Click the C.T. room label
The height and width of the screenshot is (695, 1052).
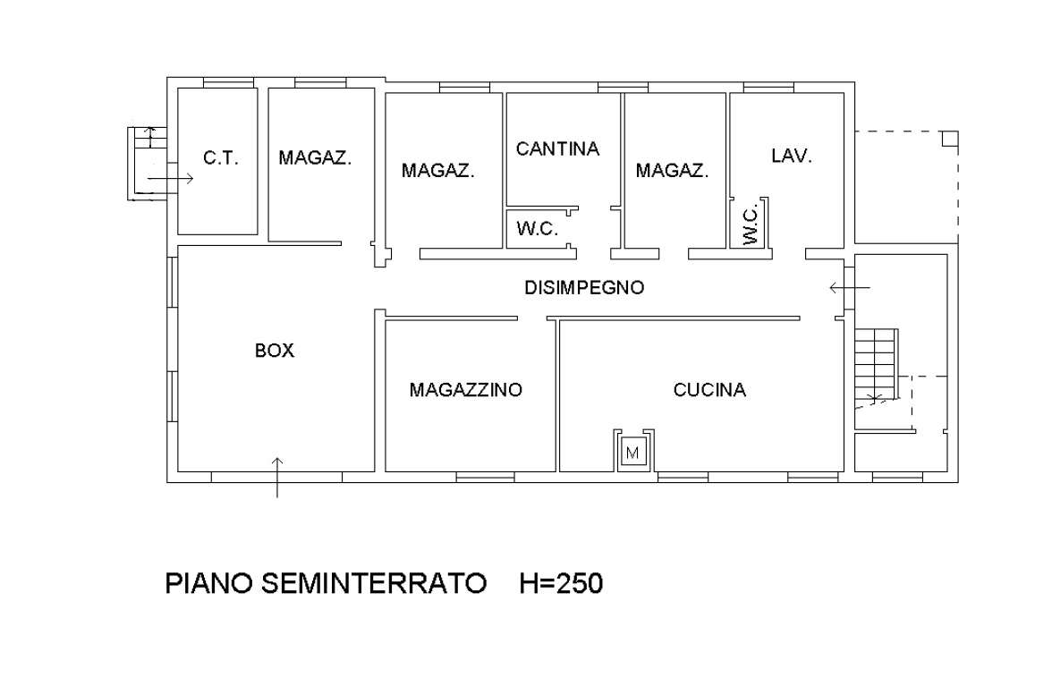(x=220, y=158)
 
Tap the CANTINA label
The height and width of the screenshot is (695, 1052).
(x=557, y=148)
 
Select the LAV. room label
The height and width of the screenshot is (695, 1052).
(x=792, y=156)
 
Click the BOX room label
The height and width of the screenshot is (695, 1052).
(x=274, y=351)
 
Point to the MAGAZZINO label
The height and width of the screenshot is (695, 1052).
(x=465, y=390)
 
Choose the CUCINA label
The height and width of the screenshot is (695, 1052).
(x=709, y=390)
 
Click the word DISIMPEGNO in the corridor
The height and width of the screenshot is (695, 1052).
(x=584, y=288)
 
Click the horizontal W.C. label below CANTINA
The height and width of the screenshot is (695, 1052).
(x=537, y=229)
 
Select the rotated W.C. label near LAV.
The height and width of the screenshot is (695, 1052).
(x=751, y=223)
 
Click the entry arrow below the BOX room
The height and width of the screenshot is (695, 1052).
(x=277, y=476)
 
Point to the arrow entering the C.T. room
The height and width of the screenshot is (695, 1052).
(x=170, y=179)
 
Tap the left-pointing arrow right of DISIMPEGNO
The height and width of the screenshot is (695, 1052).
(x=849, y=288)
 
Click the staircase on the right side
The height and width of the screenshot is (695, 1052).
(x=874, y=364)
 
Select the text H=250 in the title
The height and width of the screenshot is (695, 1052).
(x=561, y=584)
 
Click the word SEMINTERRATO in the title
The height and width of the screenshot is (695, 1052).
(x=374, y=584)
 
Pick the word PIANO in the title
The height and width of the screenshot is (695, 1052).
(x=209, y=584)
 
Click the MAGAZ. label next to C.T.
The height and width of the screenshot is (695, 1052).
(x=315, y=158)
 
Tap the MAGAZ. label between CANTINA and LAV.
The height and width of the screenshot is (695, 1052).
(x=672, y=170)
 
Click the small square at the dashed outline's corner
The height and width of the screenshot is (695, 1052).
(x=950, y=139)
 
